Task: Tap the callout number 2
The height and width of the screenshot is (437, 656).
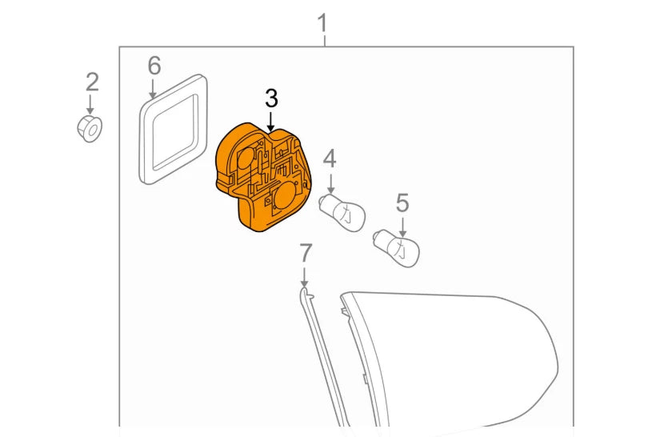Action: click(92, 81)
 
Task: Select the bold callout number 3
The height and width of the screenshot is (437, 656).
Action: click(271, 98)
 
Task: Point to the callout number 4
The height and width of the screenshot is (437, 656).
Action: click(330, 158)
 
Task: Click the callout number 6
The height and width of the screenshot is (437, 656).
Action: click(154, 66)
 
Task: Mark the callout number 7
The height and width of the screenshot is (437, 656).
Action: click(305, 254)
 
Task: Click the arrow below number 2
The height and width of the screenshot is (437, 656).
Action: click(90, 104)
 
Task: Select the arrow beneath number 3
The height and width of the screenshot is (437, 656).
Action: click(271, 121)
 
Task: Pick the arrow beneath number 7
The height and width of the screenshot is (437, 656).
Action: click(305, 277)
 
